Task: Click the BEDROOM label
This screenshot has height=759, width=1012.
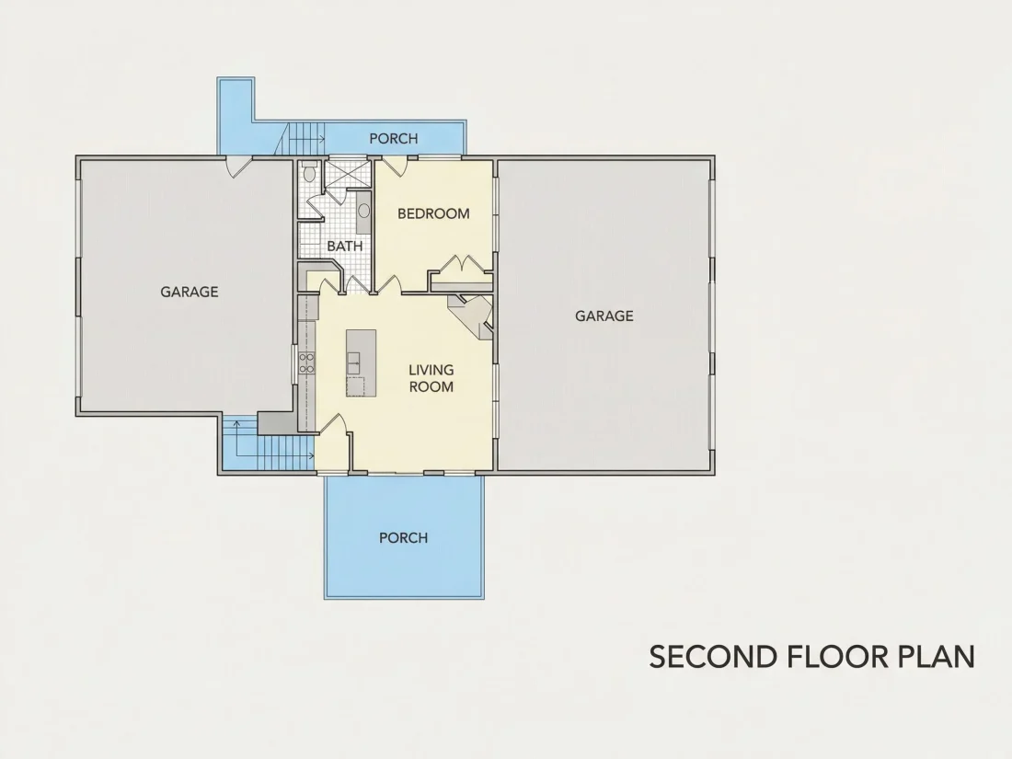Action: point(433,213)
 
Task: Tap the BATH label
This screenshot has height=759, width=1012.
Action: point(345,246)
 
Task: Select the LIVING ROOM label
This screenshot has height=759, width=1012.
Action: point(431,378)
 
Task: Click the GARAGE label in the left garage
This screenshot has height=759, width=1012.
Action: point(190,292)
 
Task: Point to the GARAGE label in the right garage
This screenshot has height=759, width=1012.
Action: point(604,316)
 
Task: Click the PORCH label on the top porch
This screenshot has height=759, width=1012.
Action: point(394,138)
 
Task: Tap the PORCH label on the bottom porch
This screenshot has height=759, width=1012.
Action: point(403,537)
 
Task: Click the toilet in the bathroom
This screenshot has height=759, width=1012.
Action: point(309,172)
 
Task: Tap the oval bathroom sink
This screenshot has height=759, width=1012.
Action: point(364,211)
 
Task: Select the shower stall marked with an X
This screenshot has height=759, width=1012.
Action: point(346,174)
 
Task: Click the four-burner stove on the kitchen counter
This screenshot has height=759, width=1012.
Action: point(306,363)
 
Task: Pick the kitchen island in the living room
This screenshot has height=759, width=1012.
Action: point(361,362)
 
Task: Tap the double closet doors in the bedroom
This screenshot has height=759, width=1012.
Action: point(462,266)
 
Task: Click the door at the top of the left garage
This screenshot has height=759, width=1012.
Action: point(237,167)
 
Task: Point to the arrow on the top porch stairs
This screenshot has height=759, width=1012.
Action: point(306,139)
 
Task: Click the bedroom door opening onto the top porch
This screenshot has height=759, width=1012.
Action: point(395,166)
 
